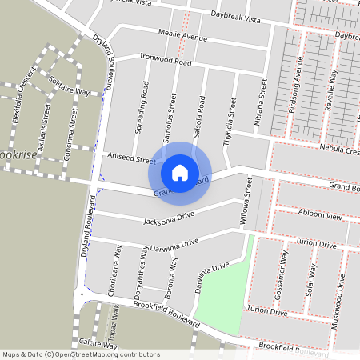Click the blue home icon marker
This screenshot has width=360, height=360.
[180, 172]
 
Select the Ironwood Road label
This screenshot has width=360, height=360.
[166, 62]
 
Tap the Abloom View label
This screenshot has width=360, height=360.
[318, 217]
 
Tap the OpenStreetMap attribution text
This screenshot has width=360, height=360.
[80, 354]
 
